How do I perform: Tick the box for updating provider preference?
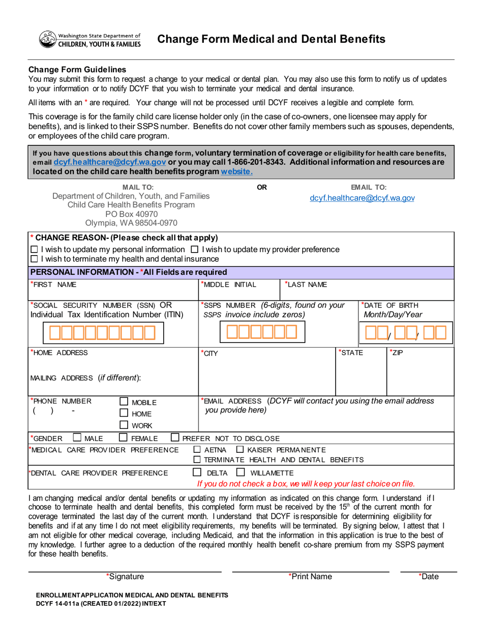[x=194, y=249]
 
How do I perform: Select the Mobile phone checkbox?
[x=123, y=402]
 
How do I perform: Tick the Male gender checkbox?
[x=76, y=438]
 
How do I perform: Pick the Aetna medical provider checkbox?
[x=197, y=450]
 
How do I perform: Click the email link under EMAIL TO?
[x=362, y=198]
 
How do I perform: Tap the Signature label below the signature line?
[x=125, y=576]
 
